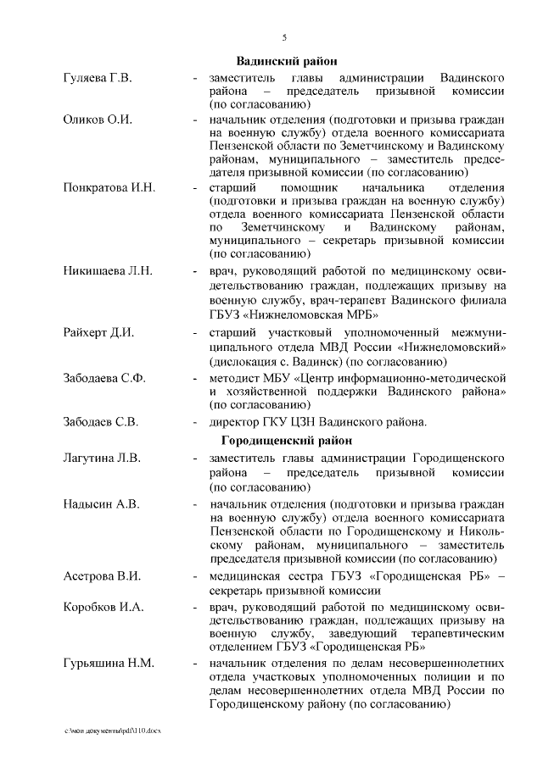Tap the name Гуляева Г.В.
(98, 78)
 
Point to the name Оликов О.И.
(98, 119)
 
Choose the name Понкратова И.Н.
(109, 187)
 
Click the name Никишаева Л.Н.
(108, 272)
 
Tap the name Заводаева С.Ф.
(104, 377)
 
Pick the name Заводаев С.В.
(101, 421)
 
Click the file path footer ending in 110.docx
(106, 731)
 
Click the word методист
(235, 377)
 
